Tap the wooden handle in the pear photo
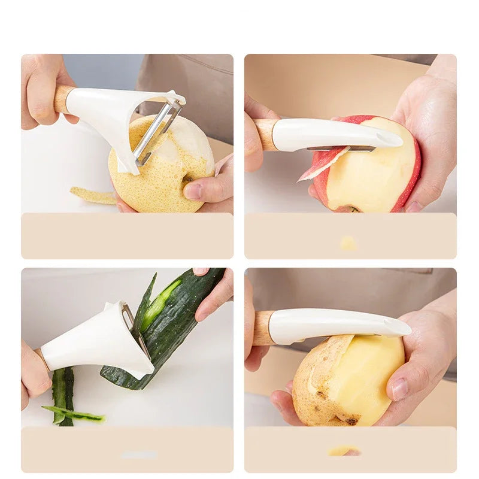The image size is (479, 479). pyautogui.click(x=62, y=99)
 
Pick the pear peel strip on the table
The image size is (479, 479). pyautogui.click(x=93, y=196)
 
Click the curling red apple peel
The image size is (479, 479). pyautogui.click(x=323, y=163)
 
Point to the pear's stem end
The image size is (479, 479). pyautogui.click(x=186, y=178)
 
